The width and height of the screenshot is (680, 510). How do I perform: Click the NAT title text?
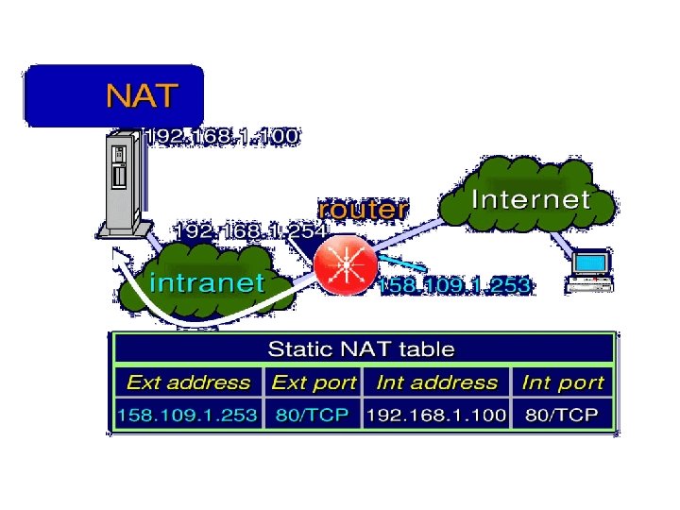[143, 95]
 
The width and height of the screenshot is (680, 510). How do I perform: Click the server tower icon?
[119, 184]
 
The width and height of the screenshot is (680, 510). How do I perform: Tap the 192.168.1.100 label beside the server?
[221, 136]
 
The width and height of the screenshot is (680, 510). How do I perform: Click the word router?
[364, 208]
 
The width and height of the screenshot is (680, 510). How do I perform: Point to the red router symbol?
[346, 265]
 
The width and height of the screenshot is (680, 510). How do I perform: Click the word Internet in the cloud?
[531, 199]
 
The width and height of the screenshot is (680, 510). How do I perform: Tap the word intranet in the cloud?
[208, 281]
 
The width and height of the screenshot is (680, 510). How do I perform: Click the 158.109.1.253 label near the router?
[454, 285]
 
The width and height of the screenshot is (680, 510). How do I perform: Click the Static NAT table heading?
[362, 348]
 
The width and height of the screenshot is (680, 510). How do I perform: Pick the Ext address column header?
[189, 382]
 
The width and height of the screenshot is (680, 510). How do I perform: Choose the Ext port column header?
[314, 382]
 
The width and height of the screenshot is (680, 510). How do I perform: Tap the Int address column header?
[436, 382]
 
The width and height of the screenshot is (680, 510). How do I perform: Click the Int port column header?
[563, 382]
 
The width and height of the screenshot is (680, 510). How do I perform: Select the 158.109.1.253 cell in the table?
[188, 415]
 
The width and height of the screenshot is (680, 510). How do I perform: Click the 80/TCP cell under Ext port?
[314, 415]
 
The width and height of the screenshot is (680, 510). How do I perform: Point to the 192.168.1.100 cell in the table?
[436, 415]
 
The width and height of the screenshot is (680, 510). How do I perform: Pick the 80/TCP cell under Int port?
[563, 415]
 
